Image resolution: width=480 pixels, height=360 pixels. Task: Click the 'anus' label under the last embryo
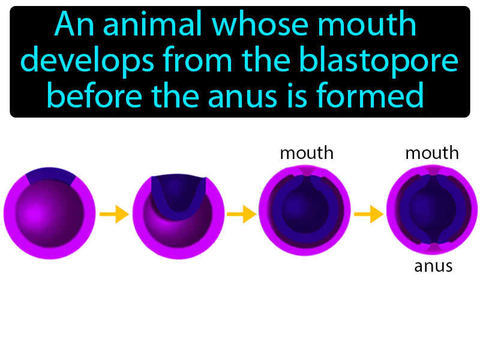click(x=433, y=266)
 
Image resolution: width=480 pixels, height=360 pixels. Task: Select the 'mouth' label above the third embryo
click(x=307, y=154)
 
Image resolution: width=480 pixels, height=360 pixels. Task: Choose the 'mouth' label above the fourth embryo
click(x=432, y=154)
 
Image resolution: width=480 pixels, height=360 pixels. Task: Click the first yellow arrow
click(x=114, y=213)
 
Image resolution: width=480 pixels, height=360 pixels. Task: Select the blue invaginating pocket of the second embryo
click(x=179, y=195)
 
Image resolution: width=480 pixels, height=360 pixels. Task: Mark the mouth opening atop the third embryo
click(x=306, y=172)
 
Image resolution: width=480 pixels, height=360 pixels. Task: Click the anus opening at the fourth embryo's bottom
click(x=433, y=248)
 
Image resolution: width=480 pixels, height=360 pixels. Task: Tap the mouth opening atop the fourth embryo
click(x=433, y=172)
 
